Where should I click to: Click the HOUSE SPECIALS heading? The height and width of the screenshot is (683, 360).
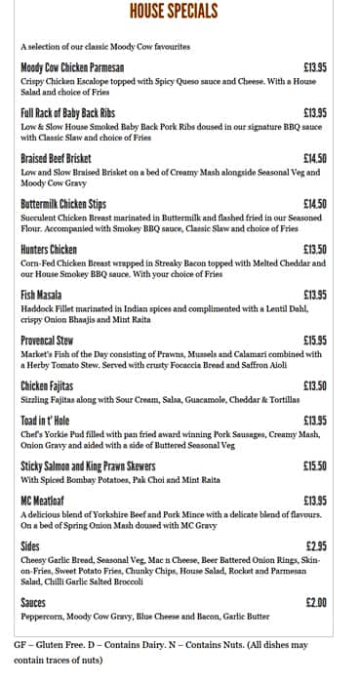tap(174, 12)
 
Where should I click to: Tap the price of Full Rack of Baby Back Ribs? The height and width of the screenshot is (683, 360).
tap(315, 113)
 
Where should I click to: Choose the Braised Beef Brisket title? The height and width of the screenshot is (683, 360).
tap(56, 158)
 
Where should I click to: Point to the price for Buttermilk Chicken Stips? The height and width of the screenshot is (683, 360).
tap(315, 204)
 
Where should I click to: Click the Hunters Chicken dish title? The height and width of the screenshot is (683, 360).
tap(49, 249)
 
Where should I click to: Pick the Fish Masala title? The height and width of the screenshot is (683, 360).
tap(41, 295)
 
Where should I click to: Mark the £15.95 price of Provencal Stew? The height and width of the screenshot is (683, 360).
tap(315, 340)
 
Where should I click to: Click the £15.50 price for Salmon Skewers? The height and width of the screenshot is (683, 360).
tap(315, 466)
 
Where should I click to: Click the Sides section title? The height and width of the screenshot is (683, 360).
tap(30, 546)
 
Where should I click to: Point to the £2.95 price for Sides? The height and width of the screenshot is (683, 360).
tap(316, 546)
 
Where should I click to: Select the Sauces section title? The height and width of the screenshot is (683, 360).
tap(33, 603)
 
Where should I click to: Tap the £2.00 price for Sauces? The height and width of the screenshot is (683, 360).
tap(316, 603)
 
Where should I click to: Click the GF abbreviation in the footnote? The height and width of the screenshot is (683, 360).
tap(20, 645)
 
